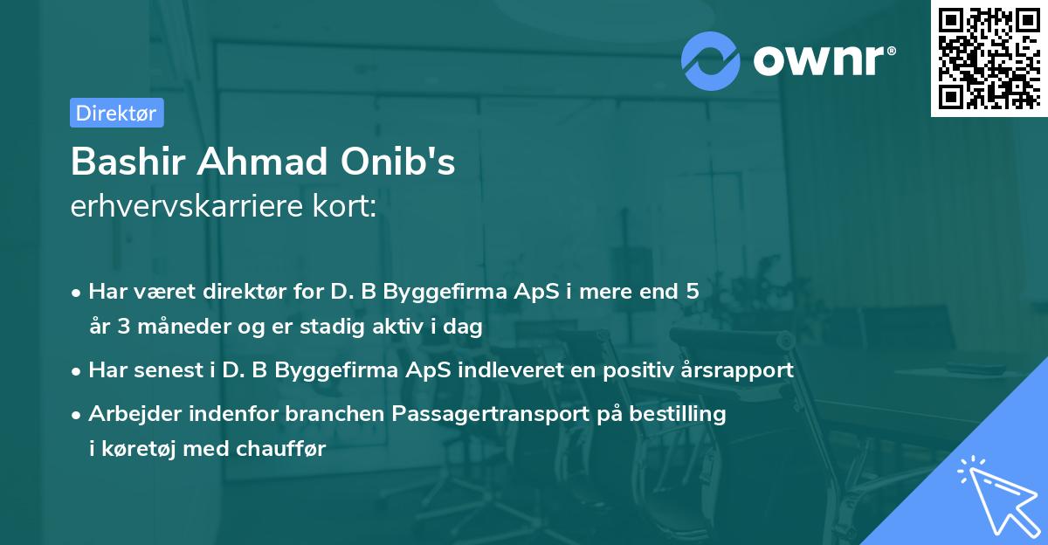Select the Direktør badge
tap(116, 113)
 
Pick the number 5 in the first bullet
tap(692, 292)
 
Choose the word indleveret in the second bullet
tap(504, 370)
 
